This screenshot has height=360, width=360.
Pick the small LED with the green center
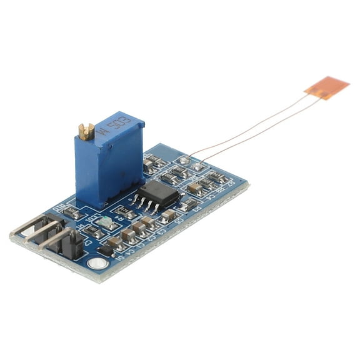(104, 222)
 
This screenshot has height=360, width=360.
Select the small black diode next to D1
(106, 250)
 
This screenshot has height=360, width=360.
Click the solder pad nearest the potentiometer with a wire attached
(184, 160)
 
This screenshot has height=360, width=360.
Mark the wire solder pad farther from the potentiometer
(198, 166)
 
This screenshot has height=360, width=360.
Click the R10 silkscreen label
(63, 206)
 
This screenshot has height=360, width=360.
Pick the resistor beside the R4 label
(127, 212)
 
